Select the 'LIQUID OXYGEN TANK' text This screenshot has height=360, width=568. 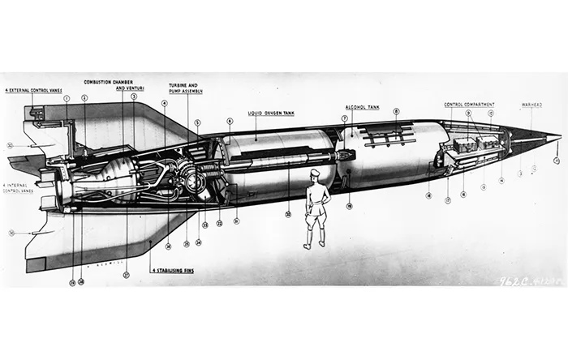[x=270, y=114]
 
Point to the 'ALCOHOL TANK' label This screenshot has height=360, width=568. [x=362, y=106]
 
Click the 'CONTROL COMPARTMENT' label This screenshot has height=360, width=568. [x=469, y=105]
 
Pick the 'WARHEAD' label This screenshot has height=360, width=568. [x=531, y=105]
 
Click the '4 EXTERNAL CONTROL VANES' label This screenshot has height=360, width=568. [x=33, y=90]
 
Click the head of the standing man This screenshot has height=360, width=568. [x=315, y=174]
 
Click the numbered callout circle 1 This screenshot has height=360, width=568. [x=67, y=98]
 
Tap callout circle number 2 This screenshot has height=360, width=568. [x=84, y=98]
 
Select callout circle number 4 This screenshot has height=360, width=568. [x=165, y=104]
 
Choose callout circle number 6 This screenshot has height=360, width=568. [x=230, y=122]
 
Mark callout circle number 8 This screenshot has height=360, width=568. [x=396, y=112]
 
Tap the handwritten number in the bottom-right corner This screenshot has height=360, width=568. [x=528, y=281]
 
